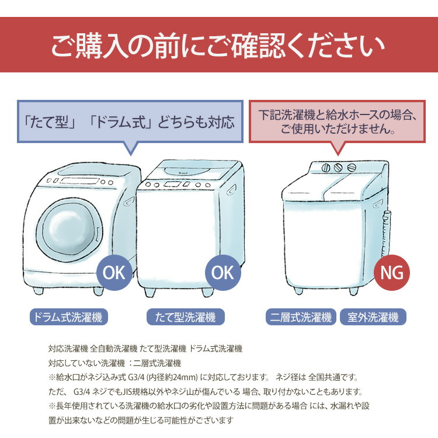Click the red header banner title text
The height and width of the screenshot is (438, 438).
(x=218, y=46)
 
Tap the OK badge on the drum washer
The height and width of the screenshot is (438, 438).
(x=114, y=272)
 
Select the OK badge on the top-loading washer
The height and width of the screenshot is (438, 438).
(x=223, y=272)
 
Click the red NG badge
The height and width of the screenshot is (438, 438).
(x=392, y=272)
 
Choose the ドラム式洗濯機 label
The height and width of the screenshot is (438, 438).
(x=68, y=317)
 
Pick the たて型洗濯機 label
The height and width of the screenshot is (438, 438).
(x=185, y=317)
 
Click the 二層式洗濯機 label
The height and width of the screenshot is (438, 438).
(x=301, y=317)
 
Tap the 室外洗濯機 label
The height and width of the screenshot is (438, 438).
(x=373, y=317)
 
